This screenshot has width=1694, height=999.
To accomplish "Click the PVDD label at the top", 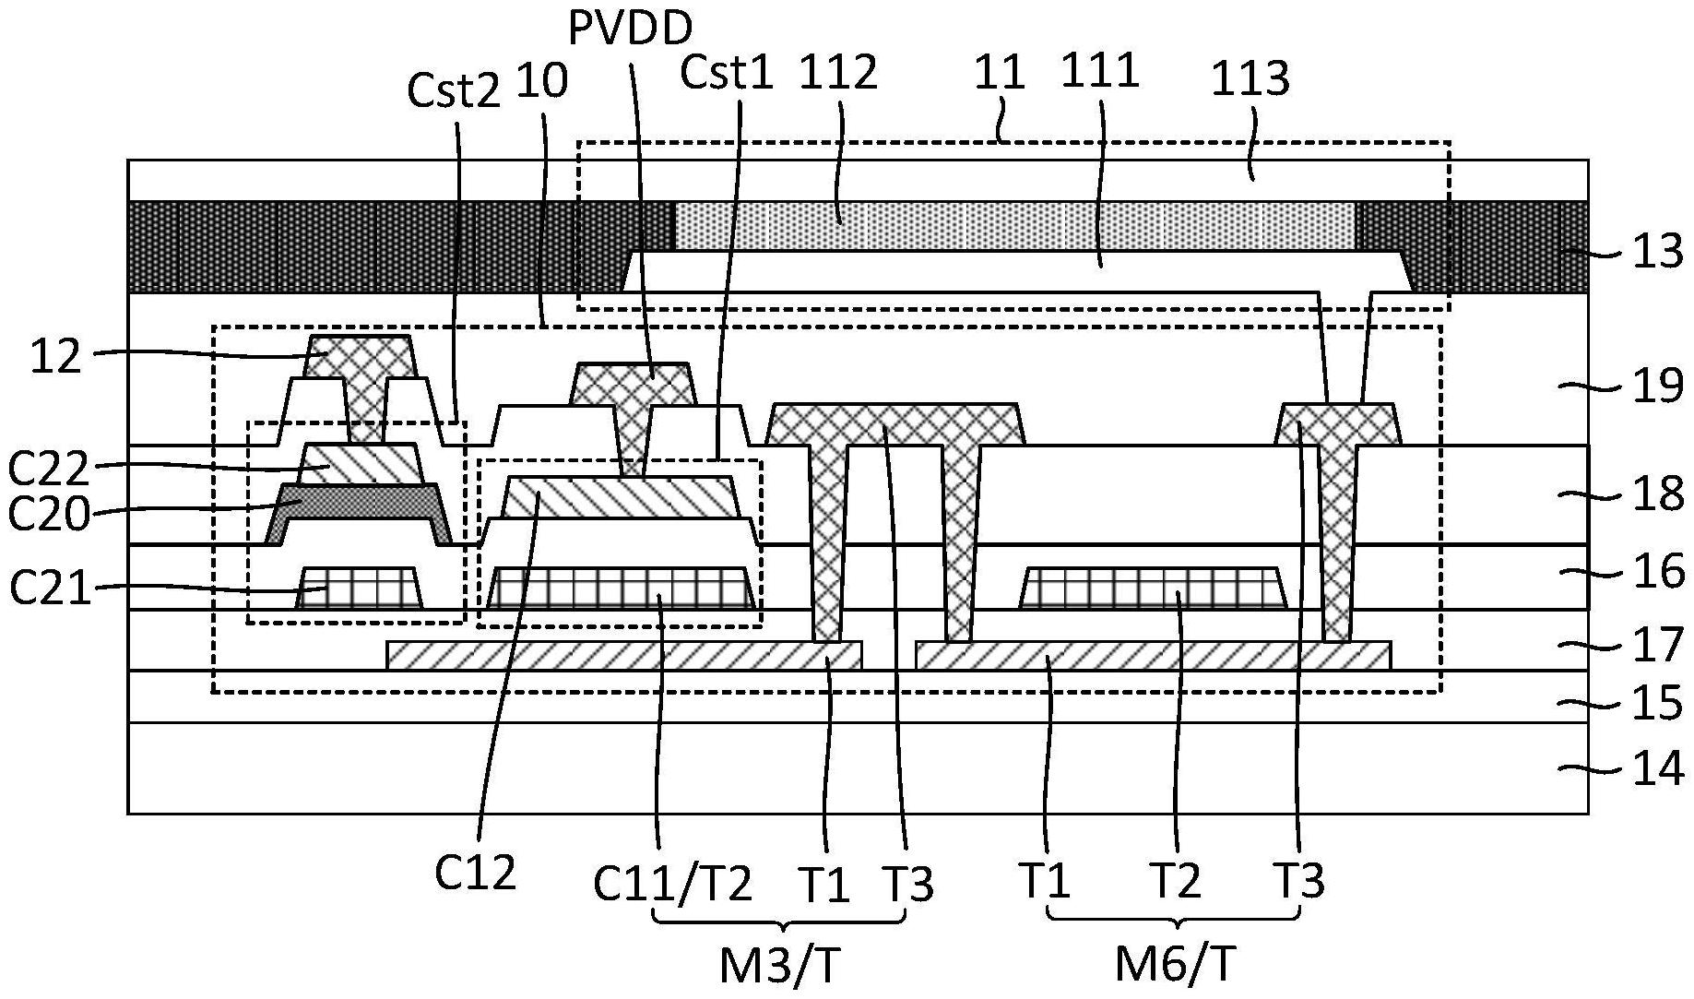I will [x=630, y=30].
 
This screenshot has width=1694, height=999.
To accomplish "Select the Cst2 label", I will [x=454, y=90].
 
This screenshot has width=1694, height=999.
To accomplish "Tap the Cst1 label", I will [x=726, y=73].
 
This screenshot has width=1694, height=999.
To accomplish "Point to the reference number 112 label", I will [x=838, y=73].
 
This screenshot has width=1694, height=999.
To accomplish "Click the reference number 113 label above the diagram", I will [x=1250, y=79].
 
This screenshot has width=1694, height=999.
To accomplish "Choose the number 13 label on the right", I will [x=1658, y=251].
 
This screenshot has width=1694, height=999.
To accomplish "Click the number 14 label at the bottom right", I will [x=1658, y=768].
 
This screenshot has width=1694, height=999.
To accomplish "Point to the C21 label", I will [x=51, y=588].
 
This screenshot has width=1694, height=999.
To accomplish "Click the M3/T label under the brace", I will [x=781, y=967].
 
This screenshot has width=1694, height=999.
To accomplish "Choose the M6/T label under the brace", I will [x=1175, y=965].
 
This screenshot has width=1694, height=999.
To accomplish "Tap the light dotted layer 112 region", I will [x=1014, y=226].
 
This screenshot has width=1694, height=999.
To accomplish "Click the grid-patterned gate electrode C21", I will [x=360, y=588].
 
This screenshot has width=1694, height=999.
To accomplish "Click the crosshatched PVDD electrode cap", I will [x=633, y=382].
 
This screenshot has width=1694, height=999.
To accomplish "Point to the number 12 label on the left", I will [x=55, y=356].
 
